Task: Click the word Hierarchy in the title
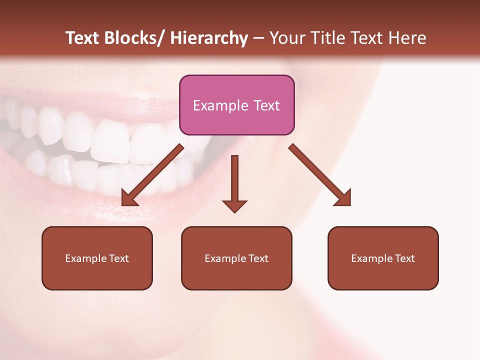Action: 209,38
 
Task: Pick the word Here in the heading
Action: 408,38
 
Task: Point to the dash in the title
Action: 258,38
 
